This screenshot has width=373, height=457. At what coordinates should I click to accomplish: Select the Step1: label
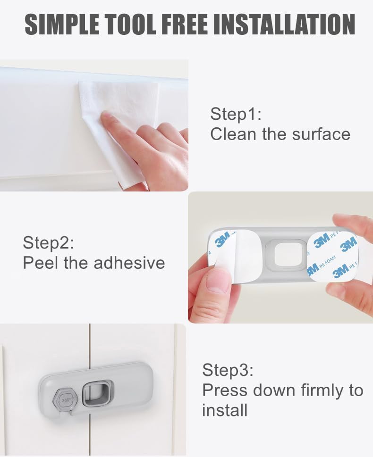click(x=236, y=114)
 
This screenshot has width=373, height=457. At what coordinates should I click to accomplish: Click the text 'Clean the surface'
click(x=280, y=134)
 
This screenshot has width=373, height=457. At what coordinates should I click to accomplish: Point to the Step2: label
click(x=49, y=243)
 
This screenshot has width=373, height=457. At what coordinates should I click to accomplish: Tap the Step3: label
click(x=228, y=370)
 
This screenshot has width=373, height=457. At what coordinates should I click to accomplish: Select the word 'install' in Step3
click(x=225, y=410)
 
